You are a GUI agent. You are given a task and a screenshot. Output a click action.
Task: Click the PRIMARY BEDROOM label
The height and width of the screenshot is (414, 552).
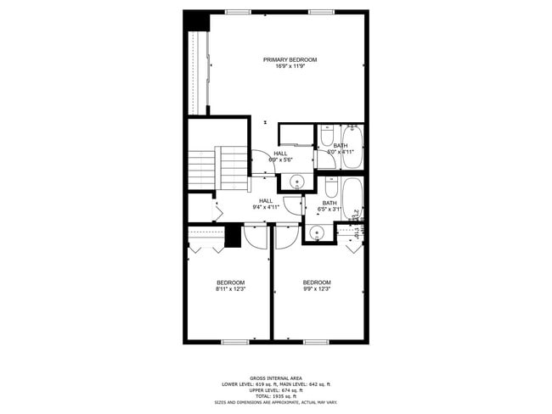tap(290, 59)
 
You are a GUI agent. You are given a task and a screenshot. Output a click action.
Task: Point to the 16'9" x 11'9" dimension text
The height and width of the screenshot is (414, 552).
tap(290, 66)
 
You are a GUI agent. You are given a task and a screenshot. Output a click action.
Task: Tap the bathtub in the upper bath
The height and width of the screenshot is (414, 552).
tap(352, 146)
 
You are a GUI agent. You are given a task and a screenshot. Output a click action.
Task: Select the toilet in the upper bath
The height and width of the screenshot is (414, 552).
tap(326, 136)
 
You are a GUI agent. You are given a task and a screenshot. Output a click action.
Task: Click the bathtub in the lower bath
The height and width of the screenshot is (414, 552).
tap(352, 197)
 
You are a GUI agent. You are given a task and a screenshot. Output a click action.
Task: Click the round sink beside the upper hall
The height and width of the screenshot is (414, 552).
tap(296, 180)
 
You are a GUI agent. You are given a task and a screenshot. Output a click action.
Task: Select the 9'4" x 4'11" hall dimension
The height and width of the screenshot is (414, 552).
tap(266, 207)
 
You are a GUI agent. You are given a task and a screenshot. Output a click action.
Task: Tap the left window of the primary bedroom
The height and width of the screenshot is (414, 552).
tap(239, 11)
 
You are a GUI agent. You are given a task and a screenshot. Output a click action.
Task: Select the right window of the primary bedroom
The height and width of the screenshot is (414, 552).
tap(320, 11)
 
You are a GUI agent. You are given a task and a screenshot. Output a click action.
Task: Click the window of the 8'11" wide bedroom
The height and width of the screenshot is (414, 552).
tap(234, 342)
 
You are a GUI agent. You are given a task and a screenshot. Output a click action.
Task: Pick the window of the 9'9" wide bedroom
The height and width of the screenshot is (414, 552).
tap(316, 342)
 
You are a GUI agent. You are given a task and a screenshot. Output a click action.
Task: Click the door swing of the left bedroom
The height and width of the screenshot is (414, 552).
tap(255, 235)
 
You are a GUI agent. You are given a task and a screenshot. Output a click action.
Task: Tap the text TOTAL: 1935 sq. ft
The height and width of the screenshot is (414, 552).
tap(276, 396)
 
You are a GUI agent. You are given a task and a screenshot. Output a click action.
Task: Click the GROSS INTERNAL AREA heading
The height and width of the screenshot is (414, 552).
tap(276, 378)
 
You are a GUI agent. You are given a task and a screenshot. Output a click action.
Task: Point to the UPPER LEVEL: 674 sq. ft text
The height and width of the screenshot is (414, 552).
tap(276, 390)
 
